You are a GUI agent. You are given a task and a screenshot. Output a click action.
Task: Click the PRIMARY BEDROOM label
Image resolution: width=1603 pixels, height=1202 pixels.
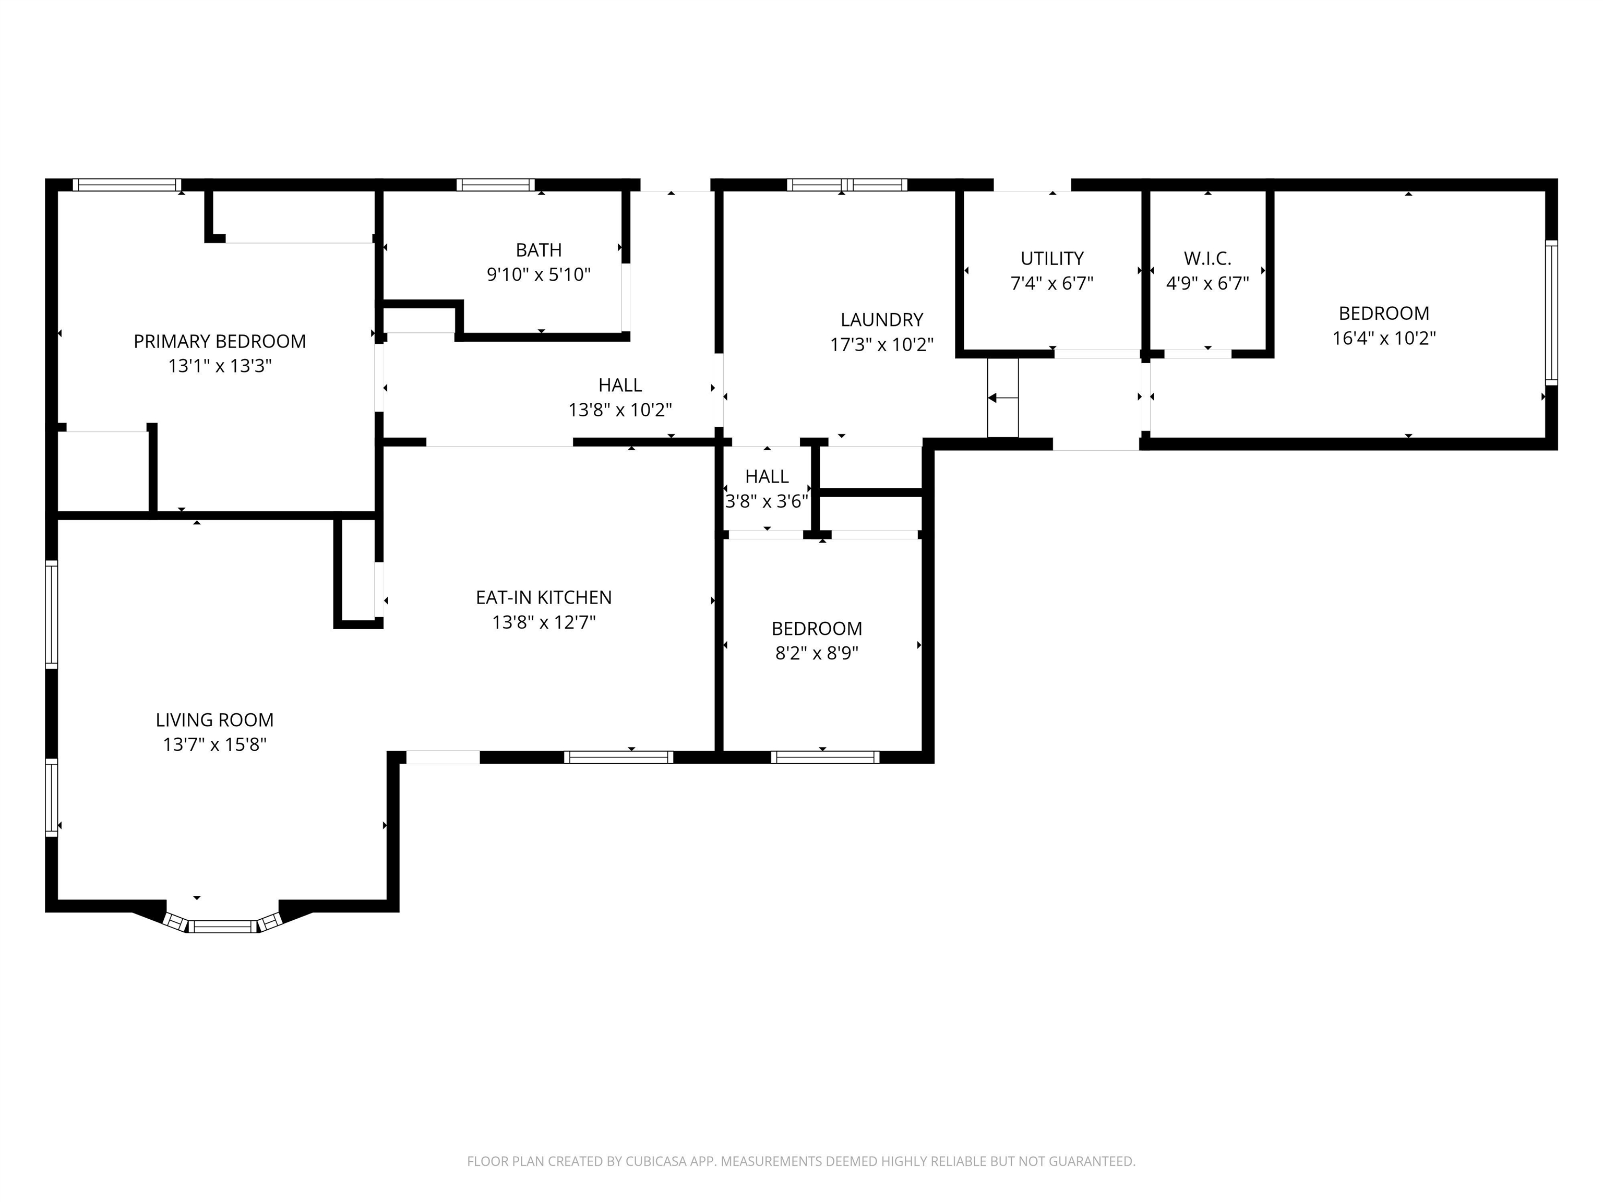pos(220,341)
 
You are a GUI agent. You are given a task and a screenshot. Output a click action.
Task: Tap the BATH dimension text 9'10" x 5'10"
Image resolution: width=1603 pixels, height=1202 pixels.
pos(539,274)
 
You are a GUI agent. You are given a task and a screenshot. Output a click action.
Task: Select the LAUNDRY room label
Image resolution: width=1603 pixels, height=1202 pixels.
pos(881,319)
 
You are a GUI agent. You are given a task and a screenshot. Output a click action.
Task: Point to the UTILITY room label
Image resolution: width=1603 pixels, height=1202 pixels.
pos(1051,259)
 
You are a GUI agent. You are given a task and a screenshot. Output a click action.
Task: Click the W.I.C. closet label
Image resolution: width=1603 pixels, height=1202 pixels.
pos(1207,259)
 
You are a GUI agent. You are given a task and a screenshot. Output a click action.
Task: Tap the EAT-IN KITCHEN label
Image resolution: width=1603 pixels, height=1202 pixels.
pos(544,598)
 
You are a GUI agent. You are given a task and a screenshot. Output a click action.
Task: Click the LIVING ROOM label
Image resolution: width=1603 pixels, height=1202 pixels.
pos(214,720)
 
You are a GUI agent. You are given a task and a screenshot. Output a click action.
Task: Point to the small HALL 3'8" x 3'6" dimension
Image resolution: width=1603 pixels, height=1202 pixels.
pos(767,501)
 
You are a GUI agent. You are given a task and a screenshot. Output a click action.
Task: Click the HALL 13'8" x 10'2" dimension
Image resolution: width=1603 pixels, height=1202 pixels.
pos(619,410)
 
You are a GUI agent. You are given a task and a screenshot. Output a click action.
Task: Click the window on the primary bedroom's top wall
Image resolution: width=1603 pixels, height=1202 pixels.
pos(127,185)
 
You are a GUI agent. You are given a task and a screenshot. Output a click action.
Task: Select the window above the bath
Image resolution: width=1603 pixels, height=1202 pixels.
pos(496,185)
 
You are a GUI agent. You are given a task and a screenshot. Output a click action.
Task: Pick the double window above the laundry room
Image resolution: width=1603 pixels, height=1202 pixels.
pos(847,185)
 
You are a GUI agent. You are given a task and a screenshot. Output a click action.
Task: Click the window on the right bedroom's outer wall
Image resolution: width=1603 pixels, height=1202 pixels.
pos(1551,312)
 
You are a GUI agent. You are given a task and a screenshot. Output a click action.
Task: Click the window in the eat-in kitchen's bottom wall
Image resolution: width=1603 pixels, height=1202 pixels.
pos(618,757)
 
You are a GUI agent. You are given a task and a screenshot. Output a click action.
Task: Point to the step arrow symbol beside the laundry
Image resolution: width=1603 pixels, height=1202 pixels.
pos(1003,398)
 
